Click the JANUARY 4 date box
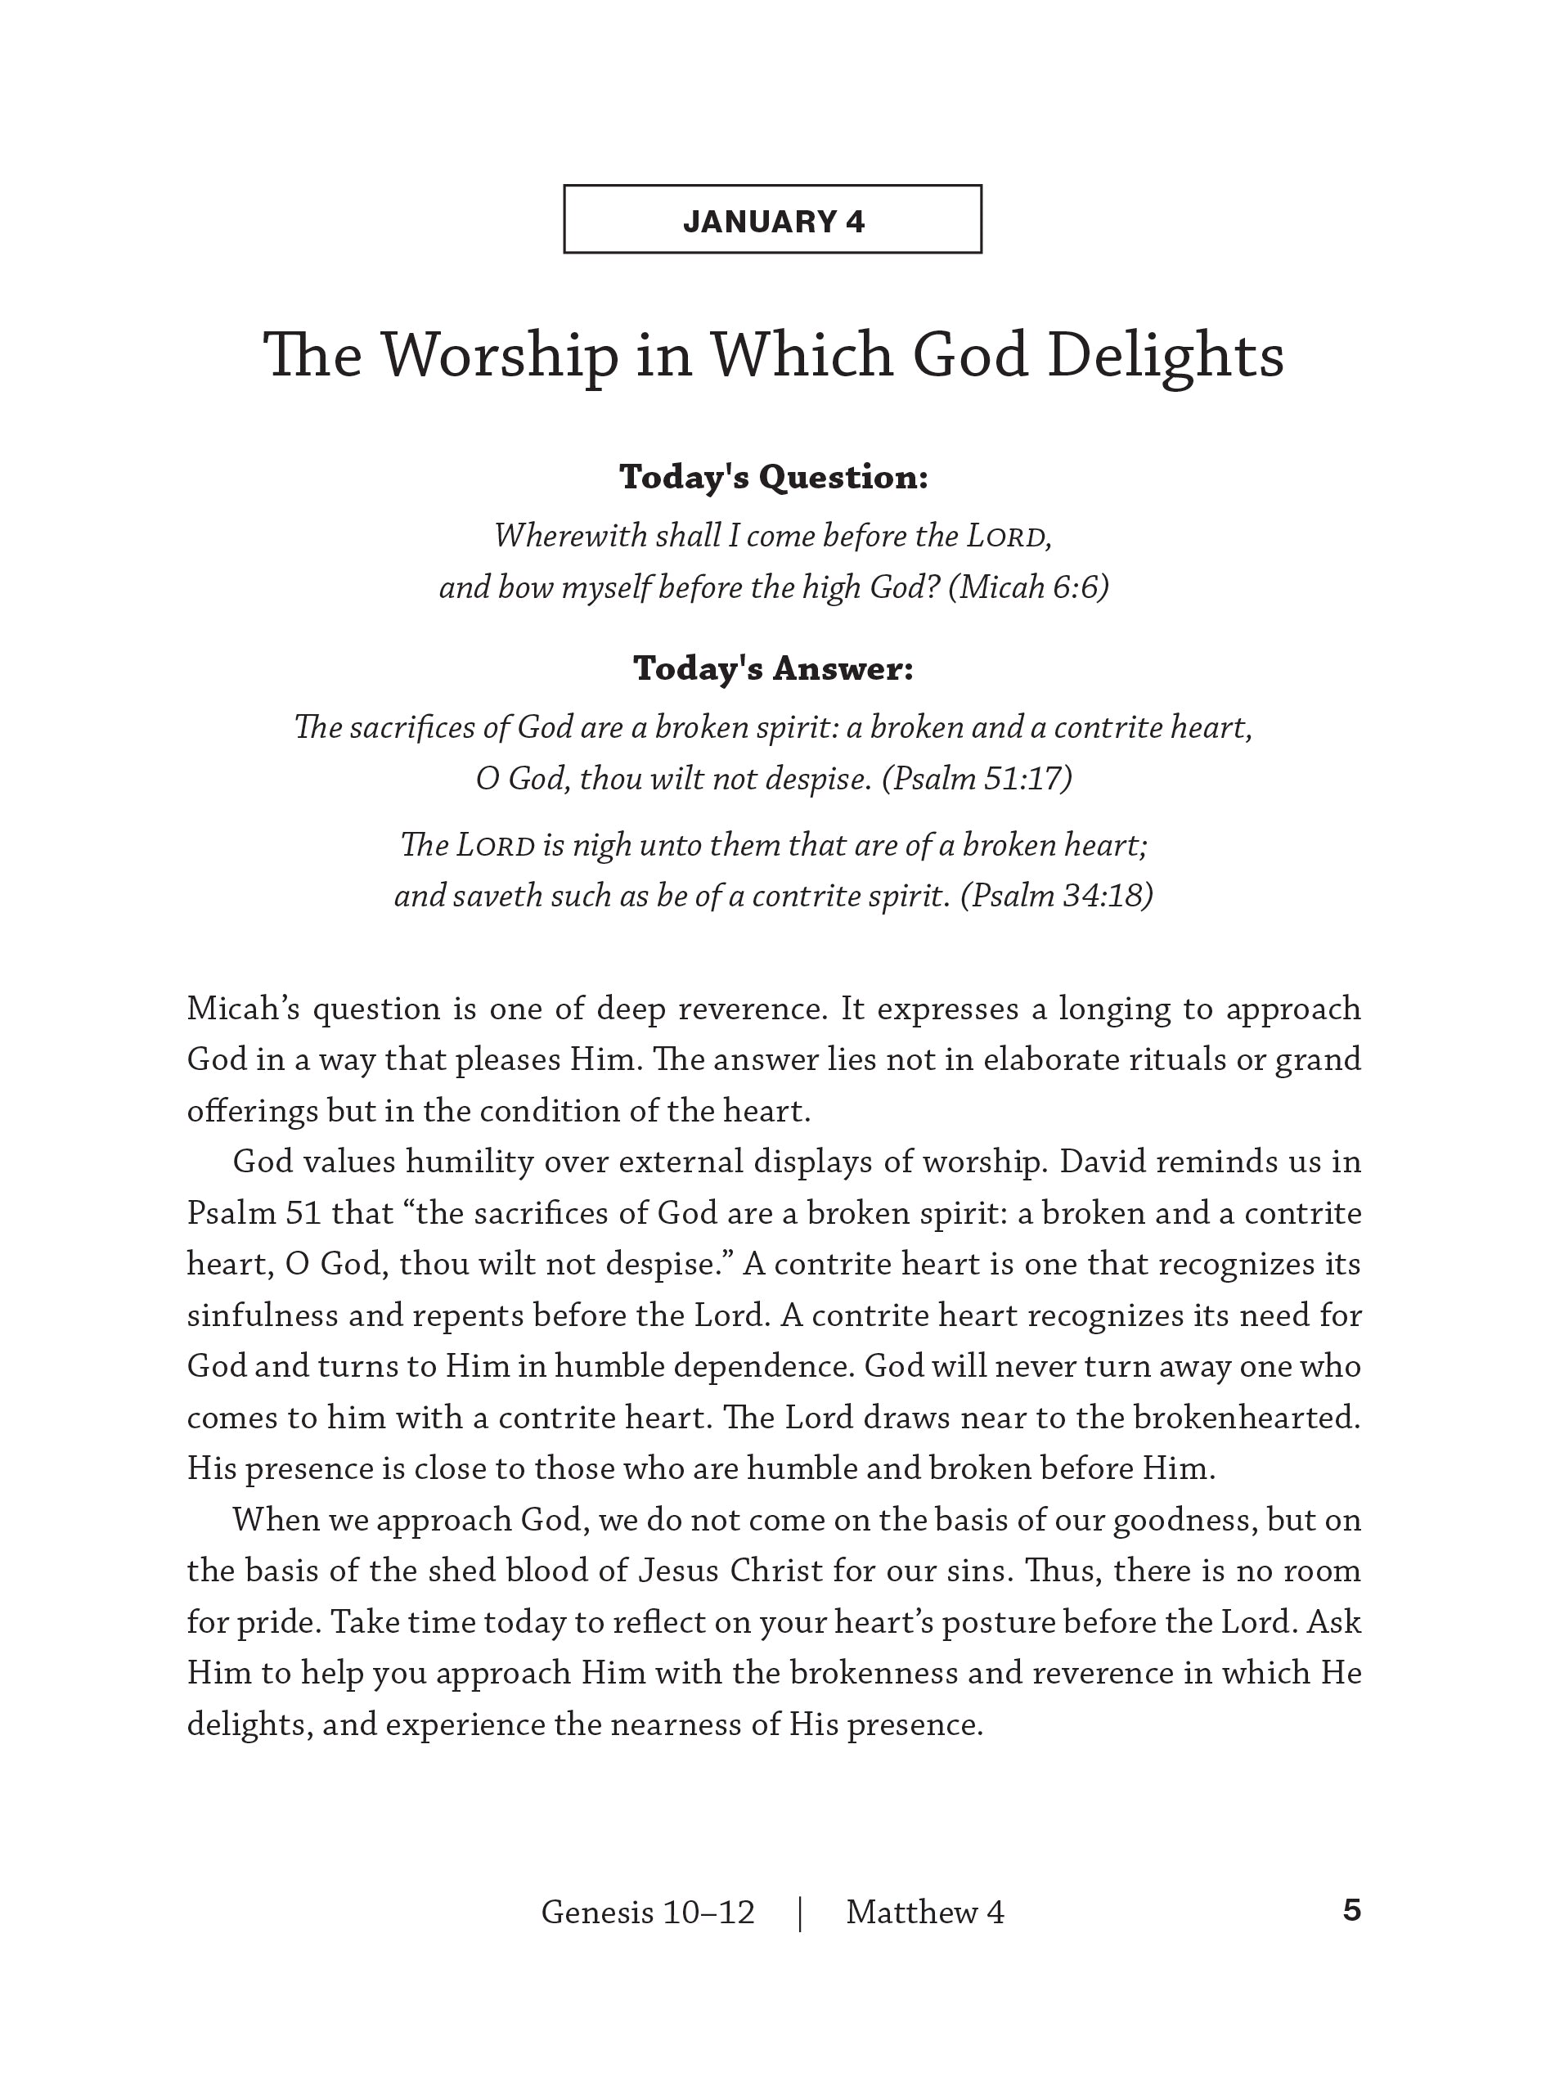772,219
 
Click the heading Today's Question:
773,477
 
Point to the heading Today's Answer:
773,668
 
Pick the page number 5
1351,1910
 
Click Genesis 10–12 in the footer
648,1912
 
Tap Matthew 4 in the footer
924,1912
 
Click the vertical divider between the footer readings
800,1913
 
